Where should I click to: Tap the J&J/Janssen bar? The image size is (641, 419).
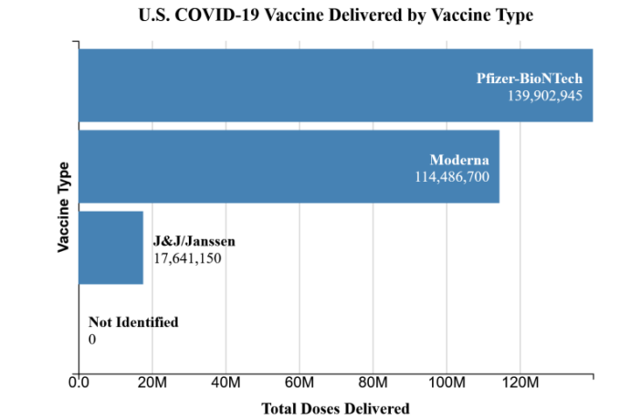click(x=110, y=247)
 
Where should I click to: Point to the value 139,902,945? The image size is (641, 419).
click(x=545, y=95)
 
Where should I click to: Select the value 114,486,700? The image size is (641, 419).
click(x=452, y=176)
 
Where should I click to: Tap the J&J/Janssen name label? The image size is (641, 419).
click(x=194, y=241)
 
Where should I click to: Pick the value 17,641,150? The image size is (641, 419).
click(x=187, y=257)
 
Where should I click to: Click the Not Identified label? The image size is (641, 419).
click(x=133, y=322)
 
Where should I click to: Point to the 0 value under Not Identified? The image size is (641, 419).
click(x=92, y=339)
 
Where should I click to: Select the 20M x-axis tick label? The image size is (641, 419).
click(x=152, y=382)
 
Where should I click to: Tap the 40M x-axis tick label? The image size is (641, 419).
click(x=226, y=382)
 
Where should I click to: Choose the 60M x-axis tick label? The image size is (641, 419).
click(x=299, y=382)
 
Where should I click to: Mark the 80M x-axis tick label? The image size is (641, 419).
click(x=373, y=382)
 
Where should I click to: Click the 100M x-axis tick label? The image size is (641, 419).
click(x=447, y=382)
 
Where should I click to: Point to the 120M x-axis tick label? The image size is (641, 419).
click(x=520, y=382)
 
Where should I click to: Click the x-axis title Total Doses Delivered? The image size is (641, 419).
click(x=335, y=408)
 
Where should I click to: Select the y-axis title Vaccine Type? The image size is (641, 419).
click(x=64, y=207)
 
